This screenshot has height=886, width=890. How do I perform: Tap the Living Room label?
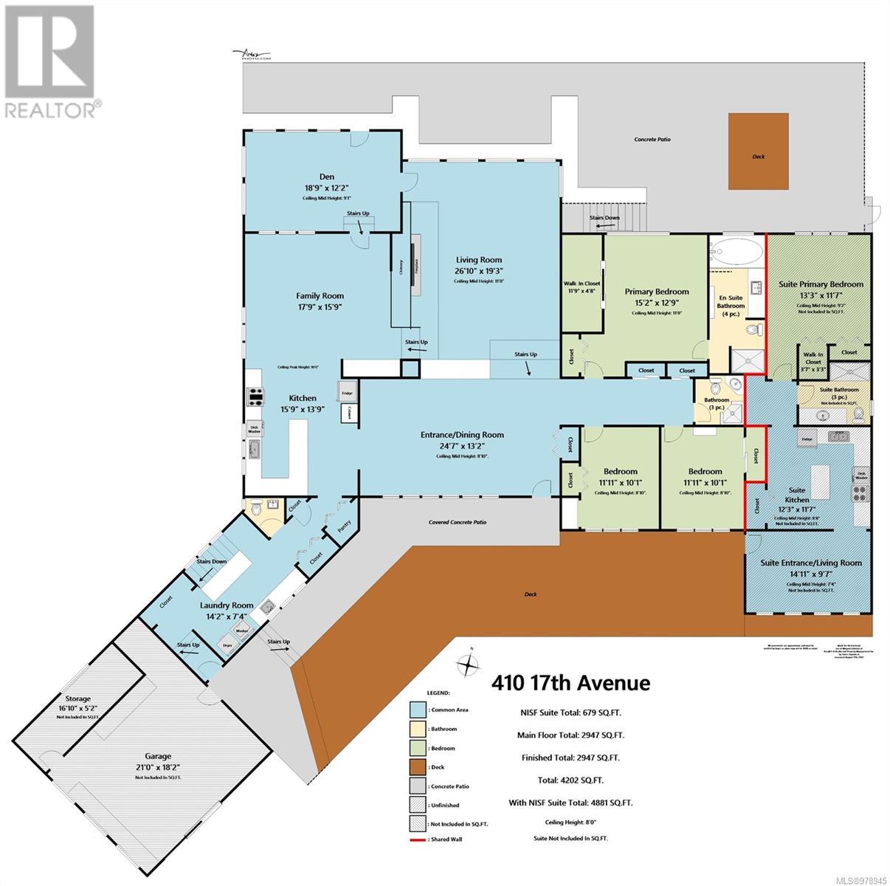pos(478,260)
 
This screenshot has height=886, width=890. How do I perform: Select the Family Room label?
pos(320,295)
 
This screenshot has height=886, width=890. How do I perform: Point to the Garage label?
pos(158,756)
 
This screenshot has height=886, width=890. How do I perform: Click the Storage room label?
pos(77,698)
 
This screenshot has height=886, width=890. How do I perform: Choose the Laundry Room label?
pos(227,605)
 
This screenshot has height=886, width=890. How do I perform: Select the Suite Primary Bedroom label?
pos(821,284)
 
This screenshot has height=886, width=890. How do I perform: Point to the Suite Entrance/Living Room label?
pos(811,563)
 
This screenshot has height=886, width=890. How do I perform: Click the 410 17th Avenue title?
pos(571,683)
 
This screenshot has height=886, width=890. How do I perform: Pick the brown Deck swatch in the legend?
pos(419,767)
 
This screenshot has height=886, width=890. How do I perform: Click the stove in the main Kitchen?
pos(255,398)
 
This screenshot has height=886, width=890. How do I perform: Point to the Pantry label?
pos(343,526)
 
